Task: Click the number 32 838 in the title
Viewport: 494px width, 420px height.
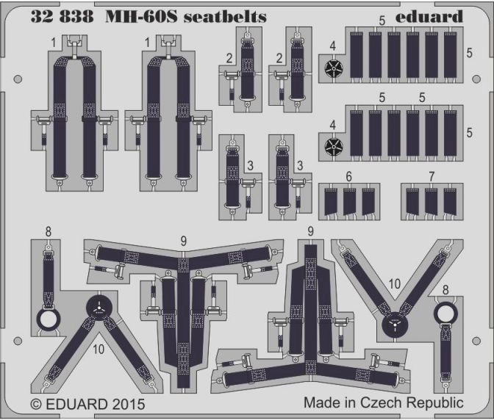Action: pos(62,17)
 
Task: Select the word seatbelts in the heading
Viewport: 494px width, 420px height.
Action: pos(225,17)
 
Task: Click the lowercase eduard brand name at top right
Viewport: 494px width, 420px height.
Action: pos(429,16)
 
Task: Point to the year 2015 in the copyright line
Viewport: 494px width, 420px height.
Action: pos(126,405)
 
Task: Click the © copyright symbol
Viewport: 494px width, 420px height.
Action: pos(36,405)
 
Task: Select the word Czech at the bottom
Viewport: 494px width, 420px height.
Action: pos(382,402)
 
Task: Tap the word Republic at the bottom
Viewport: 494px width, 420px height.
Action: pos(434,403)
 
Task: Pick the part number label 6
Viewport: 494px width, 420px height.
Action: pos(348,176)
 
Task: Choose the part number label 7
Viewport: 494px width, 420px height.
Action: pos(432,176)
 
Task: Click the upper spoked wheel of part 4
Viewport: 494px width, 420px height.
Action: pos(334,68)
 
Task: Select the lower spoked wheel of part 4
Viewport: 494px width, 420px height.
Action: pos(334,147)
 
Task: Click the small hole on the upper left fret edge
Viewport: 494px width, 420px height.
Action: pos(18,79)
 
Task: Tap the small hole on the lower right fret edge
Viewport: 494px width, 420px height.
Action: pos(476,341)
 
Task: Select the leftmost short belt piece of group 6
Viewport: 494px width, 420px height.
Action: pos(331,202)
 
